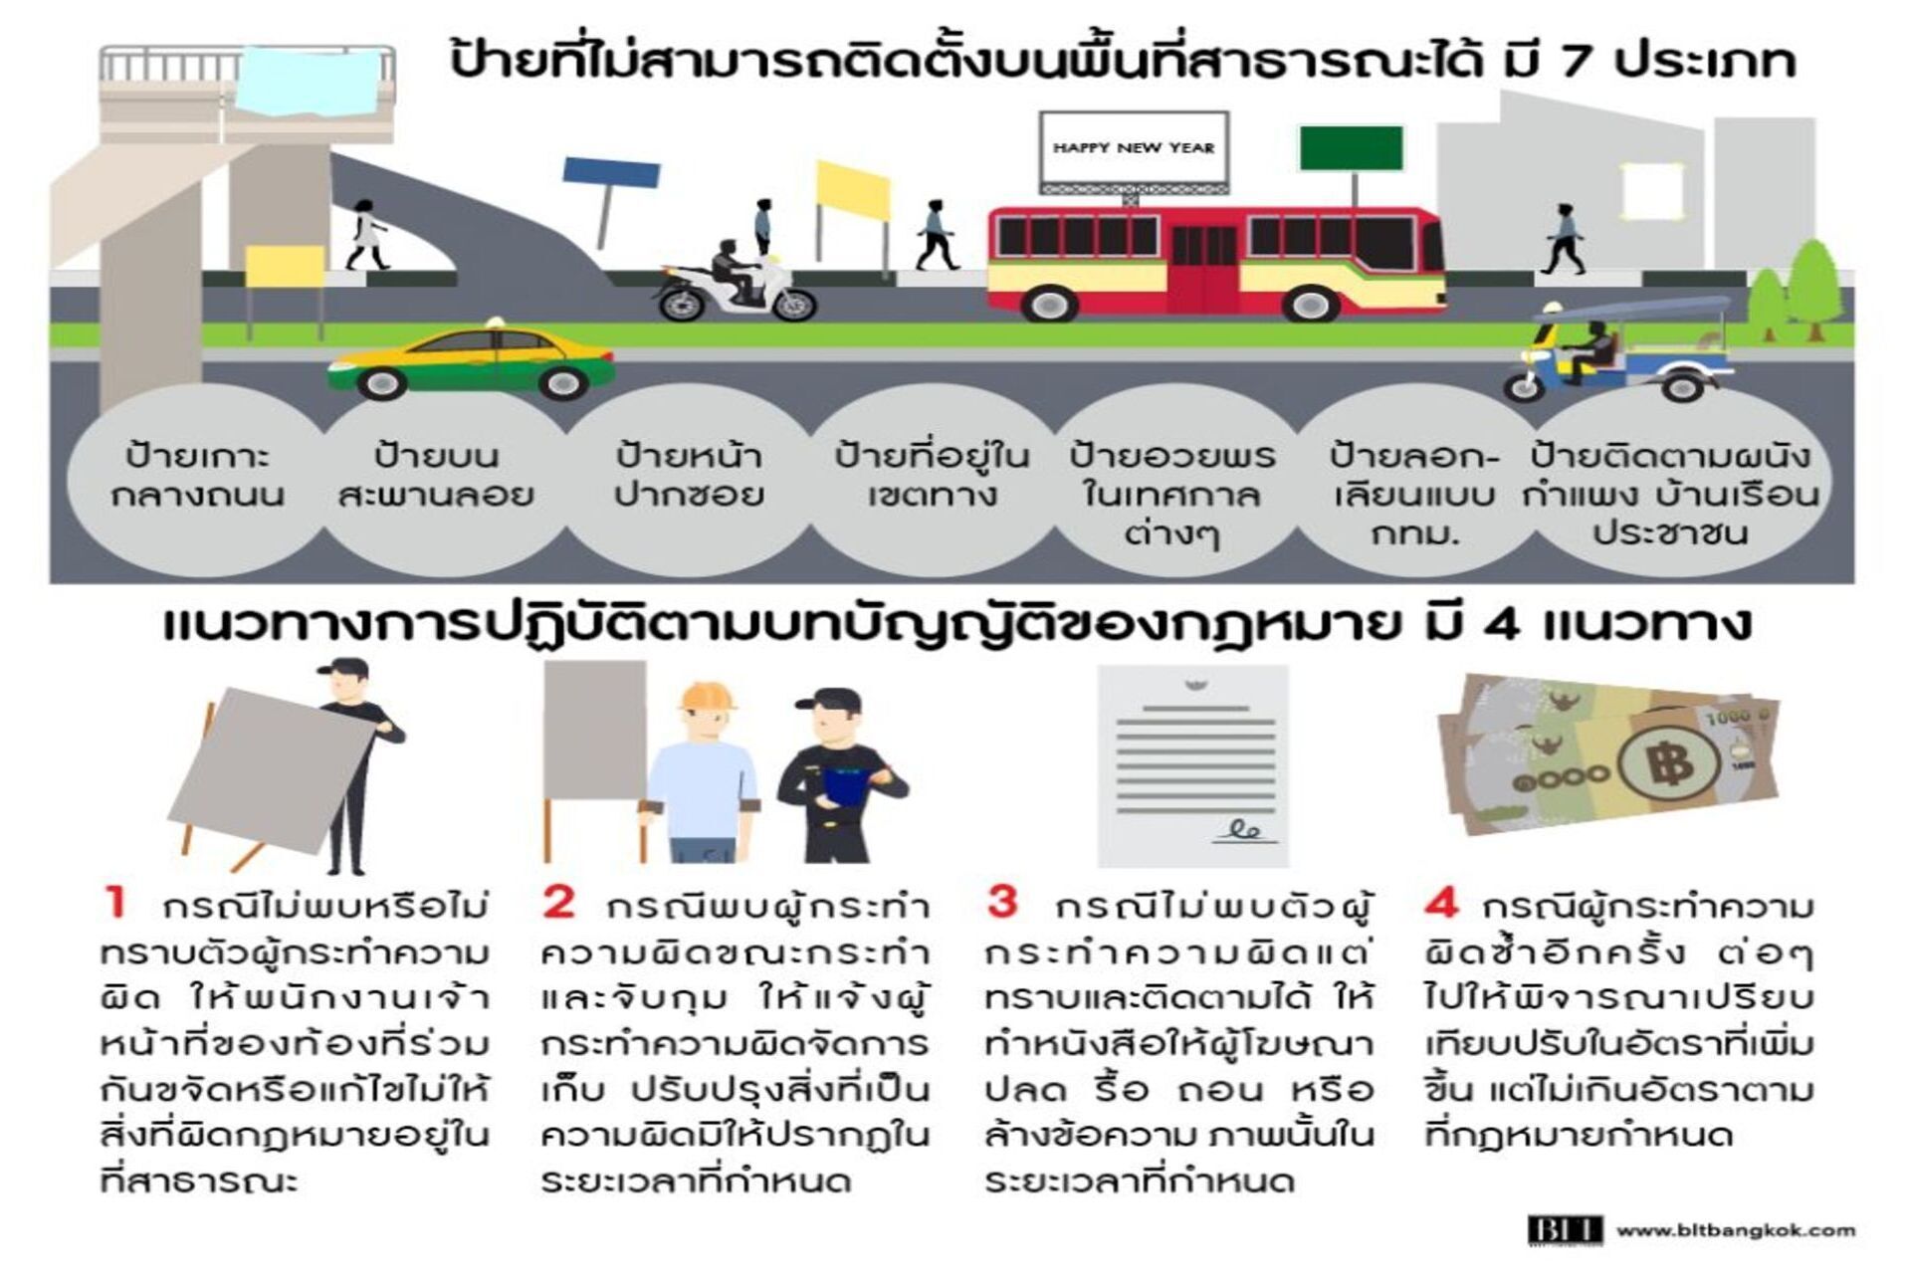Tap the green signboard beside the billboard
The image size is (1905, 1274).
(1351, 148)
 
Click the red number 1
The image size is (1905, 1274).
(115, 903)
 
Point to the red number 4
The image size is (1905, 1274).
(1441, 903)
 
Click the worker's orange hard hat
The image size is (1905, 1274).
(708, 695)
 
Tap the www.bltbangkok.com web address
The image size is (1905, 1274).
(1736, 1230)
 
